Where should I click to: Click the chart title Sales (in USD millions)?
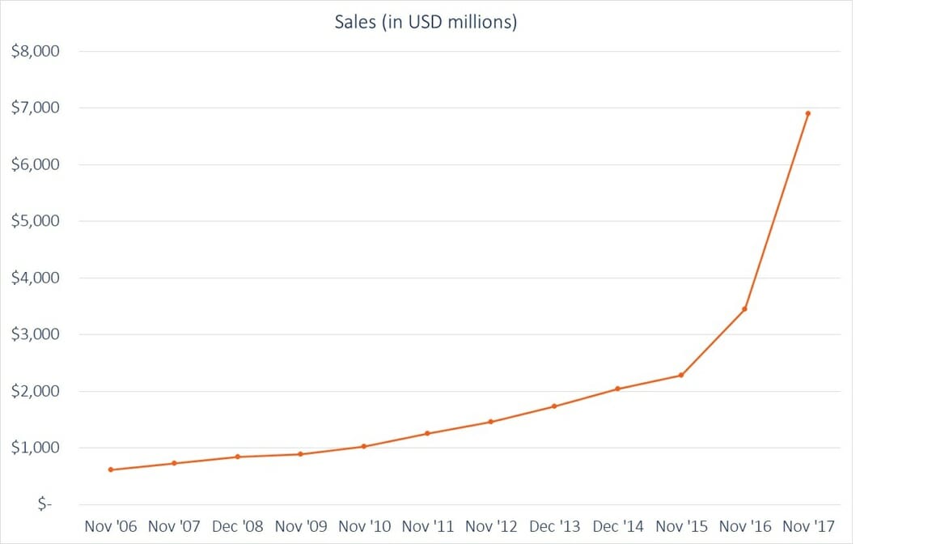pyautogui.click(x=426, y=22)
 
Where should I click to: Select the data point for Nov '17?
pyautogui.click(x=807, y=113)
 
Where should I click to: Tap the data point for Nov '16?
pyautogui.click(x=744, y=309)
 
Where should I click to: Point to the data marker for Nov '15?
pyautogui.click(x=681, y=375)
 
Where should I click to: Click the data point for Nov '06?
pyautogui.click(x=111, y=470)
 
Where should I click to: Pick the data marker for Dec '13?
pyautogui.click(x=554, y=406)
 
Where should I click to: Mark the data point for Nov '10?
pyautogui.click(x=364, y=446)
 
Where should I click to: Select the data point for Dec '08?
pyautogui.click(x=237, y=457)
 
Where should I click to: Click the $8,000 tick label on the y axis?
pyautogui.click(x=35, y=51)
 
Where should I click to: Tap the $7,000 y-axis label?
pyautogui.click(x=35, y=108)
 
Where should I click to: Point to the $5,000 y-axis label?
pyautogui.click(x=35, y=221)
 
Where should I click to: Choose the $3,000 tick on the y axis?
pyautogui.click(x=35, y=334)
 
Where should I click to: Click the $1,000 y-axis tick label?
pyautogui.click(x=35, y=448)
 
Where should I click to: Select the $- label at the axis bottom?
pyautogui.click(x=44, y=504)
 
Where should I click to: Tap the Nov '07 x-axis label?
pyautogui.click(x=174, y=527)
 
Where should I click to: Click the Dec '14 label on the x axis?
pyautogui.click(x=618, y=527)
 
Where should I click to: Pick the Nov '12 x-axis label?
pyautogui.click(x=491, y=527)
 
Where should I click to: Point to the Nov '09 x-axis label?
pyautogui.click(x=301, y=527)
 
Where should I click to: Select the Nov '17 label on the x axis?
pyautogui.click(x=808, y=527)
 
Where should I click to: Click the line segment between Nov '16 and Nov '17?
pyautogui.click(x=776, y=211)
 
